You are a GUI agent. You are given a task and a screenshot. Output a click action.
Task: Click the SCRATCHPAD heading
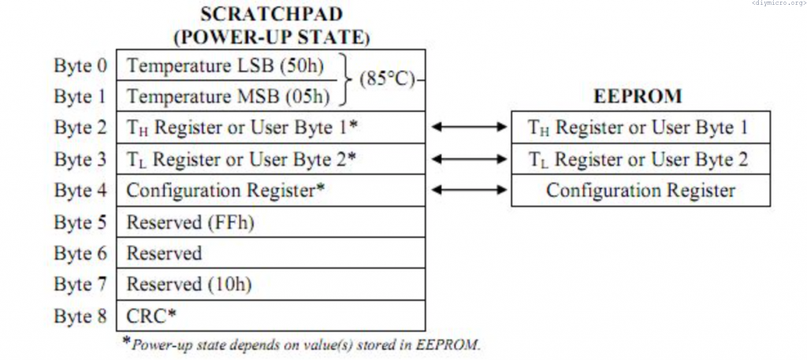click(270, 14)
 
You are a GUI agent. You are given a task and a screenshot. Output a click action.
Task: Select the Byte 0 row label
click(80, 65)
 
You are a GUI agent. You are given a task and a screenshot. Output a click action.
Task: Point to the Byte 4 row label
click(80, 191)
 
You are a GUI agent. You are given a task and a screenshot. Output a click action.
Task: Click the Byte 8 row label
click(80, 316)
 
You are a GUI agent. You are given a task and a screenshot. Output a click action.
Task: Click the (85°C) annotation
click(386, 80)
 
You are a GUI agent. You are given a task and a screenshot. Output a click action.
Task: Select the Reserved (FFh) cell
click(191, 222)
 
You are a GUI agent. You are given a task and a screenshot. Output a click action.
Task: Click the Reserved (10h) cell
click(190, 284)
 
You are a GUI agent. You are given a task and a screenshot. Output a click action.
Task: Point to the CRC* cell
click(151, 316)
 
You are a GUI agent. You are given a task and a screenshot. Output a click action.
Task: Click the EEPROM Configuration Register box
click(640, 191)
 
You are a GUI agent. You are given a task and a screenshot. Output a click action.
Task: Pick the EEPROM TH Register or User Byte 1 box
click(640, 128)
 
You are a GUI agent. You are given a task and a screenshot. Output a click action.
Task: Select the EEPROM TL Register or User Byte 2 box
click(640, 159)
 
